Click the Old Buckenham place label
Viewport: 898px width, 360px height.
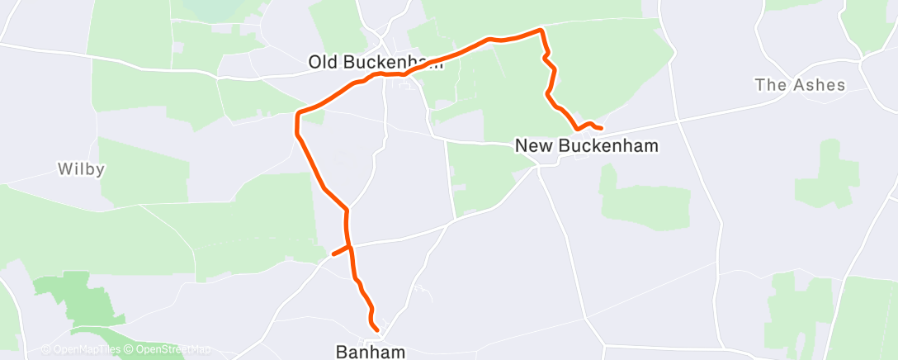376,62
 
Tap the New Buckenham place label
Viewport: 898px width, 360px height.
587,146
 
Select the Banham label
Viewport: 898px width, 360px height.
371,352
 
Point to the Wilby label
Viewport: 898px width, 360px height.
80,169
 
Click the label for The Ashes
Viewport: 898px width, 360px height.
801,85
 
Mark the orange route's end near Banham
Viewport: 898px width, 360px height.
377,330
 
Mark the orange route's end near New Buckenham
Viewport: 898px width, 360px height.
601,128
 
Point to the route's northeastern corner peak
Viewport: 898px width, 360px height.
541,31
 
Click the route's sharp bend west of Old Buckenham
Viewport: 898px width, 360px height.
297,115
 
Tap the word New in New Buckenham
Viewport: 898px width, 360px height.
532,146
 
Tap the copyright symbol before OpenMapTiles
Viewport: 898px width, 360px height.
45,349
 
